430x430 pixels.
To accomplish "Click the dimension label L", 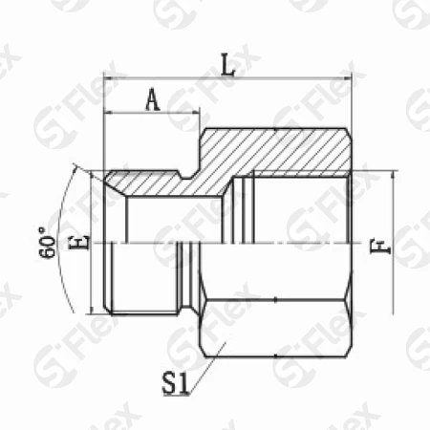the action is coord(228,66).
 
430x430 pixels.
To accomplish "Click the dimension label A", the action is coord(153,99).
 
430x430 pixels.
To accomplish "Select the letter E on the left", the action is coord(79,243).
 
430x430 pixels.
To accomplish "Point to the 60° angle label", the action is coord(47,243).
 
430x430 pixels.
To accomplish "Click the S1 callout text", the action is coord(176,384).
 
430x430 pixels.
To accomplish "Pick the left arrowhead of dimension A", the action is coord(110,112).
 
